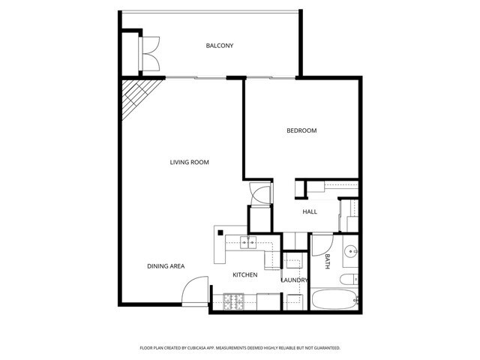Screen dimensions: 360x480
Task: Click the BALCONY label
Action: point(220,46)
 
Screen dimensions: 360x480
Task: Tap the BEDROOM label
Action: point(301,130)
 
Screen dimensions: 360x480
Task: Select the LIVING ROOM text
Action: point(189,162)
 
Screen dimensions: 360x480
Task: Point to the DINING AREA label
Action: point(166,266)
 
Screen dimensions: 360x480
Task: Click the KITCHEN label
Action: point(244,275)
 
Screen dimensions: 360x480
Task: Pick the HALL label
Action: point(310,211)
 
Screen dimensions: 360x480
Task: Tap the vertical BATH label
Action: point(328,261)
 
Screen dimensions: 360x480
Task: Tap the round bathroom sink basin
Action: point(350,251)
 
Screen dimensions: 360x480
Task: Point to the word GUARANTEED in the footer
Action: point(325,348)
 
